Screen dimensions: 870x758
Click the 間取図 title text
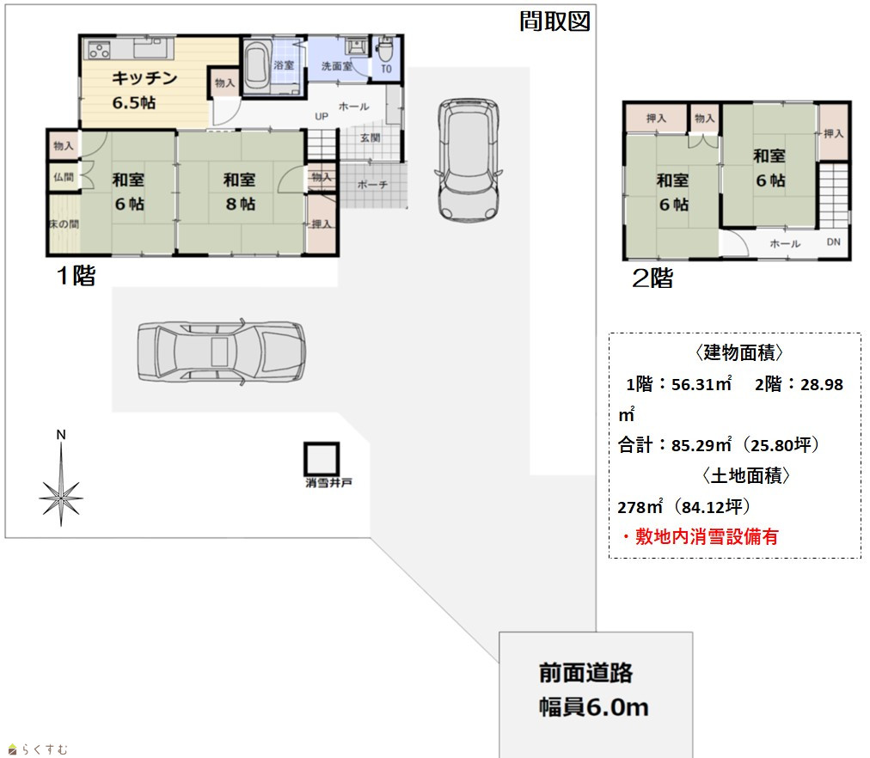point(554,21)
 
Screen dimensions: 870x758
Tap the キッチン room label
point(144,78)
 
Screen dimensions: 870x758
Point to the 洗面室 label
point(336,66)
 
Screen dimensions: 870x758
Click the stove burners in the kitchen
point(99,50)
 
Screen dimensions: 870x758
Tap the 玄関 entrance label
point(370,138)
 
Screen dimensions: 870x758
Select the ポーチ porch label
point(371,185)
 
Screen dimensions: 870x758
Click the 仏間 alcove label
point(64,177)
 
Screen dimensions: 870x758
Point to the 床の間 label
point(64,224)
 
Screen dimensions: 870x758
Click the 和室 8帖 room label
point(240,192)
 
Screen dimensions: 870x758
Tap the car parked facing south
point(469,160)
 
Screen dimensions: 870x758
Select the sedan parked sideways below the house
point(221,351)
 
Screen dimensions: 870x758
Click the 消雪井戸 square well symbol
point(322,459)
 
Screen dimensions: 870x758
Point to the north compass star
point(61,498)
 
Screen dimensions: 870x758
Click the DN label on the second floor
point(833,241)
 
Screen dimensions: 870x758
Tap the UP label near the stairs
point(322,116)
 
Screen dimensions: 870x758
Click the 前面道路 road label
point(585,673)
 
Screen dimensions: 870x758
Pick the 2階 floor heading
point(652,278)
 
